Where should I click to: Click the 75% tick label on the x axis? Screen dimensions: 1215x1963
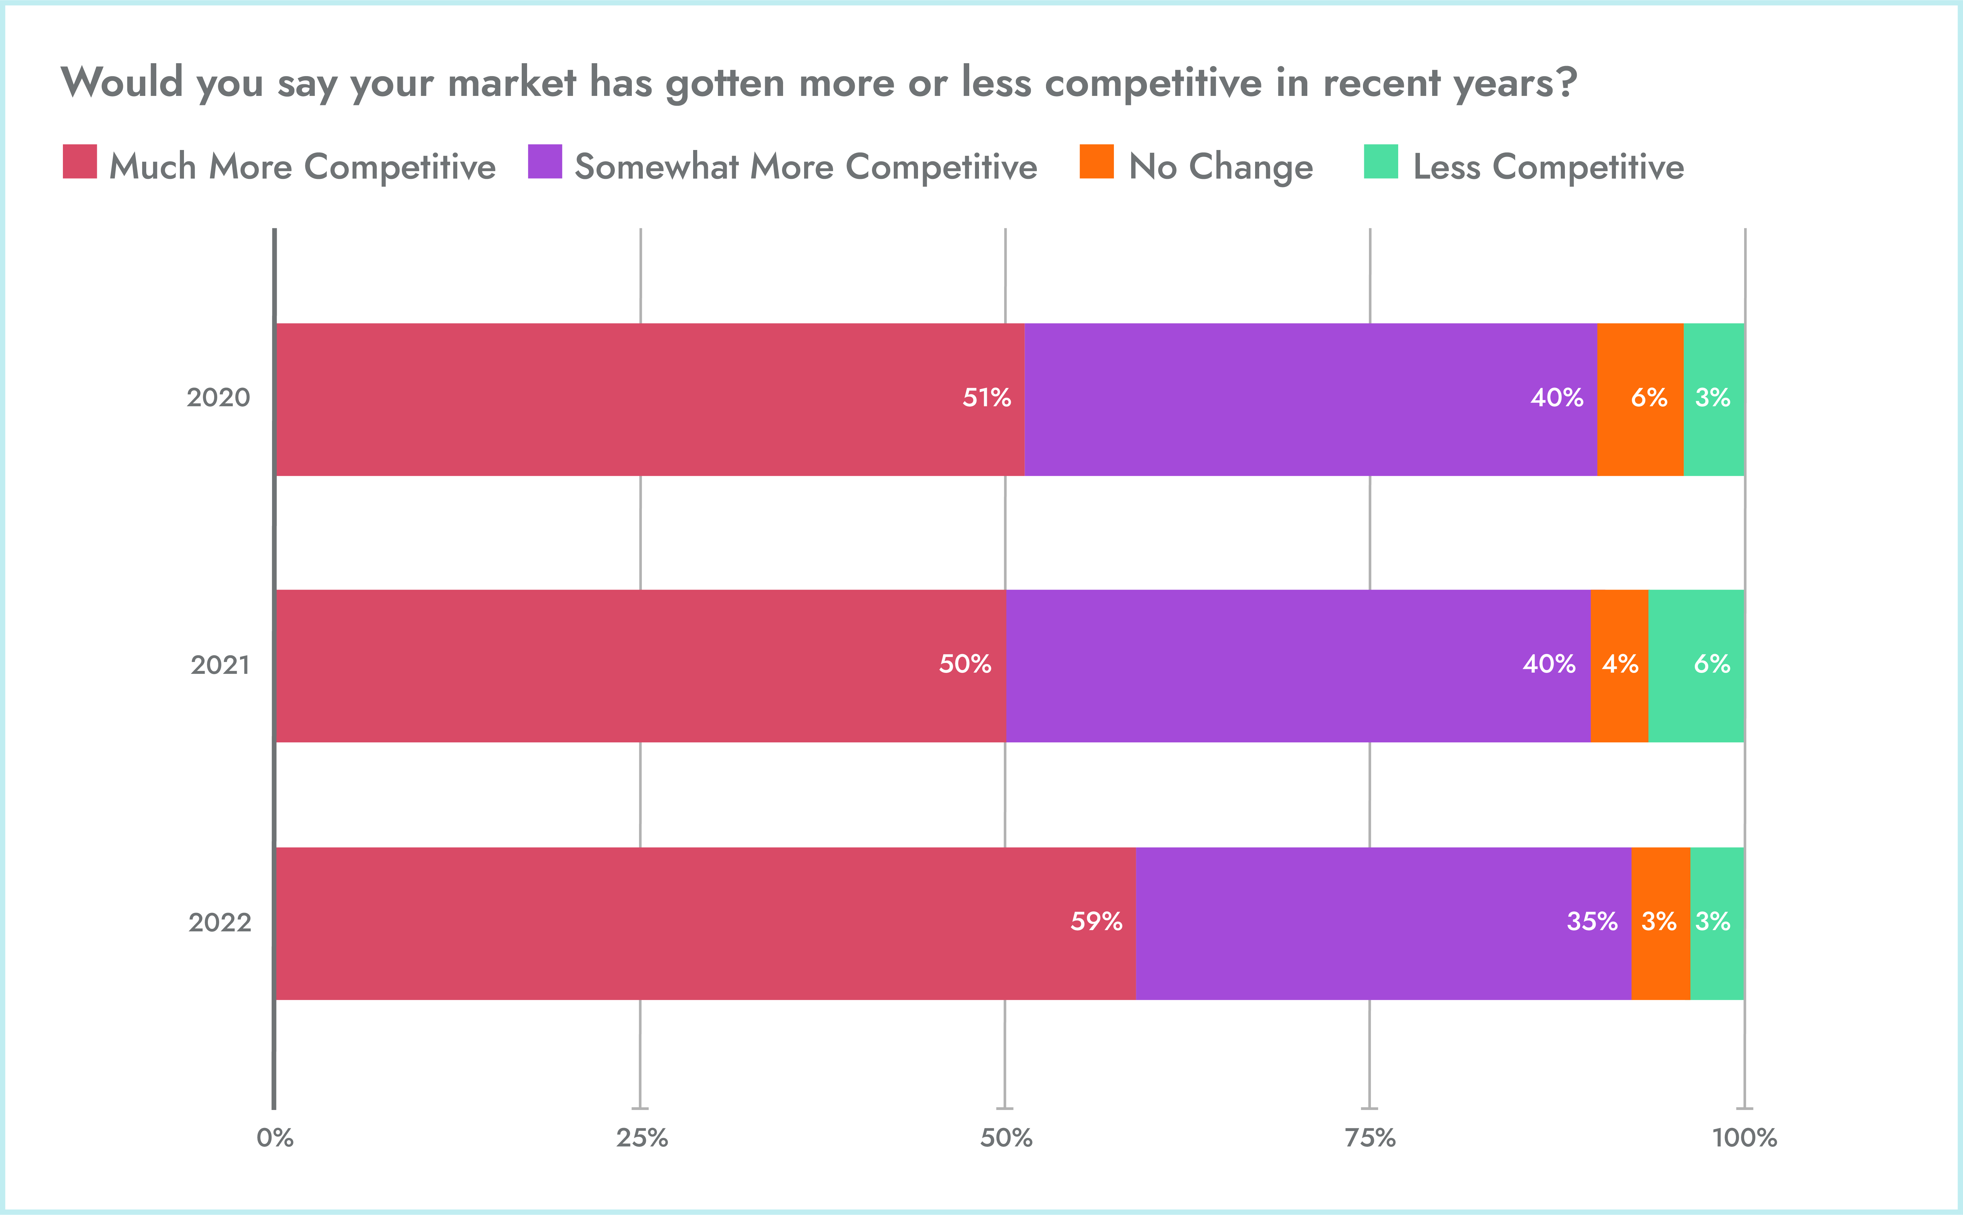(x=1370, y=1138)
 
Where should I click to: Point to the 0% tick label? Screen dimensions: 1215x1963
(x=275, y=1138)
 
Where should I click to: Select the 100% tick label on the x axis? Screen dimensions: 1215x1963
(x=1744, y=1138)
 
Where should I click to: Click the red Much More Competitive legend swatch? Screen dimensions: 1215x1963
(x=80, y=162)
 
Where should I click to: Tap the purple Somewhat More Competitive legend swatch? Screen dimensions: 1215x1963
(x=545, y=162)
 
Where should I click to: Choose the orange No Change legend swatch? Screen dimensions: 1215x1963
(x=1097, y=162)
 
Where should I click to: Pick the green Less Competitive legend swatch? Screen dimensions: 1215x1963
(x=1381, y=162)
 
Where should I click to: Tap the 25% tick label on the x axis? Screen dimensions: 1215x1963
(x=641, y=1138)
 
